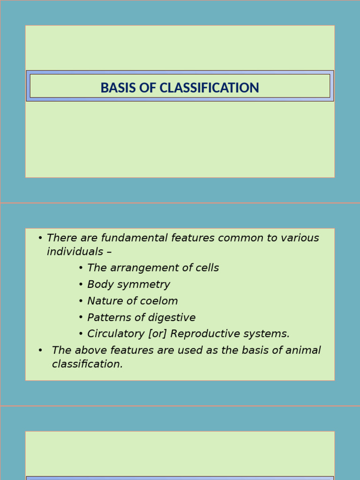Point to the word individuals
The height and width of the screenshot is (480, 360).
(x=75, y=251)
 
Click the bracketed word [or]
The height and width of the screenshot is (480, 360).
(x=157, y=334)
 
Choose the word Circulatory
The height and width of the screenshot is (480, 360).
(x=115, y=334)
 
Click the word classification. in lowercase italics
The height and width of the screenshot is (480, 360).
(x=87, y=364)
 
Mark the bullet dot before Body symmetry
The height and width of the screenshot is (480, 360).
(x=81, y=285)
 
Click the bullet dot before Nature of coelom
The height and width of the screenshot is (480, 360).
(x=81, y=301)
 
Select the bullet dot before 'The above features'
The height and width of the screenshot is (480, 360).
(x=41, y=350)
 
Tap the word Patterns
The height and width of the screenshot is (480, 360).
(x=106, y=317)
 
